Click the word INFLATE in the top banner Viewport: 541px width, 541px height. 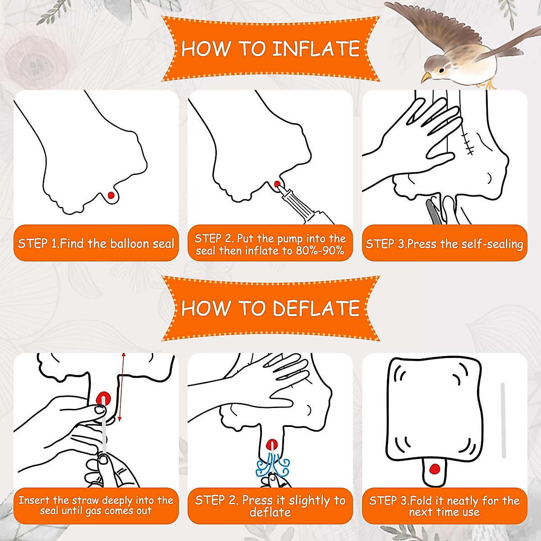click(x=316, y=49)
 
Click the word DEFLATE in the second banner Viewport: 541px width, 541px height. click(x=316, y=308)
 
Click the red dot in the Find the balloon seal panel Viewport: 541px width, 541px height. click(x=111, y=195)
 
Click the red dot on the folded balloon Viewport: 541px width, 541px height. click(x=434, y=469)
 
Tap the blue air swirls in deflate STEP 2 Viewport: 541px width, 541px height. click(x=272, y=467)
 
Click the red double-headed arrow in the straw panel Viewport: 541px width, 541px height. click(x=122, y=387)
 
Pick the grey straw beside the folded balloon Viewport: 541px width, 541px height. click(x=503, y=420)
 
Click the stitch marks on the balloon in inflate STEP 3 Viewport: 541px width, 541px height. click(x=468, y=143)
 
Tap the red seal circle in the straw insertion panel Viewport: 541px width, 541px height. click(x=103, y=399)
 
